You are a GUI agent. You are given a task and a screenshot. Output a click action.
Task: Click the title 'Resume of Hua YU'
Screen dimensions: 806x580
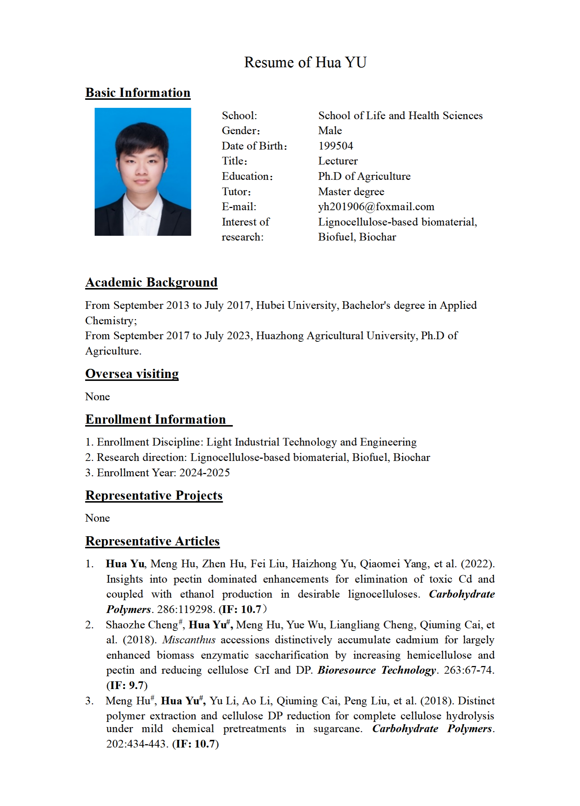click(305, 63)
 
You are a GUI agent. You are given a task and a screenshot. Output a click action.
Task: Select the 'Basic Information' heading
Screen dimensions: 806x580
click(138, 93)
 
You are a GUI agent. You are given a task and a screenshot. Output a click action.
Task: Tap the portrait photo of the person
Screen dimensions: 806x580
click(143, 171)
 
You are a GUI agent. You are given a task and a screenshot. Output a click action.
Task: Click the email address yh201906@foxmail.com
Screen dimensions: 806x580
click(376, 207)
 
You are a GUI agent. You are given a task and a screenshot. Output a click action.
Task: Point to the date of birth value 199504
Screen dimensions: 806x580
click(335, 146)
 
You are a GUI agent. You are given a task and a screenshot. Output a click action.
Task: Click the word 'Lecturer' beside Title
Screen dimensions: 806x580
click(338, 161)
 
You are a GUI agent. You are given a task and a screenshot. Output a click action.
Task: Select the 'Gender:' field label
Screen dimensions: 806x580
click(241, 131)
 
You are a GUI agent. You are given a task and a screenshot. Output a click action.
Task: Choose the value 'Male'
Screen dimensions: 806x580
click(330, 131)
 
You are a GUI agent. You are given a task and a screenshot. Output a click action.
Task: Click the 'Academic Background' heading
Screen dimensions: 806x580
click(151, 283)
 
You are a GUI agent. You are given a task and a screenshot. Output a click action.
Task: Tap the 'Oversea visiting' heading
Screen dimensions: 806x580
click(132, 374)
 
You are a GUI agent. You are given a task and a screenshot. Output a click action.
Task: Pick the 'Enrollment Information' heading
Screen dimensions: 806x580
click(156, 420)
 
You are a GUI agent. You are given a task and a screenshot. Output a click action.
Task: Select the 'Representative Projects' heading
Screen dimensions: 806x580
click(154, 496)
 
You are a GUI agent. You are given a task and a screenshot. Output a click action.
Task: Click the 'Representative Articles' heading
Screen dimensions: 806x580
click(152, 541)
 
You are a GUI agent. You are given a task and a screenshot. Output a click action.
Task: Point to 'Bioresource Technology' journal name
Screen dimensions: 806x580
click(377, 670)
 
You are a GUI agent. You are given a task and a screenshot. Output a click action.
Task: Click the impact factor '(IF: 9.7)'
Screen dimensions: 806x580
click(127, 685)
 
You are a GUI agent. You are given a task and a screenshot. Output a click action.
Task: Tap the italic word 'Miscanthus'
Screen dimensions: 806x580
click(189, 640)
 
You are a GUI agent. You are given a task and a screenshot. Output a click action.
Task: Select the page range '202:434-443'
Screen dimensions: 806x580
click(137, 744)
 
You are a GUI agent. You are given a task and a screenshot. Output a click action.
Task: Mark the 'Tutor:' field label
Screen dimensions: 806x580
click(236, 192)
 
